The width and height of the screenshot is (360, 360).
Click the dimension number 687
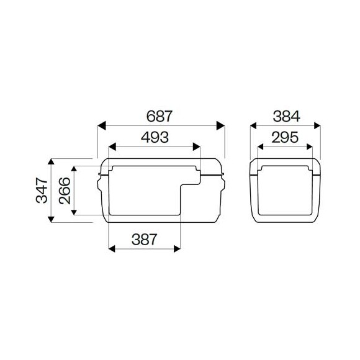[160, 116]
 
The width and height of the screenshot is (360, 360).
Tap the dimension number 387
[144, 238]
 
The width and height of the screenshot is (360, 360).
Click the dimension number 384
[286, 116]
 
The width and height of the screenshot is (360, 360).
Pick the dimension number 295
[286, 138]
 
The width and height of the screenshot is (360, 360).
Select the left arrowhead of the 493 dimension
[112, 148]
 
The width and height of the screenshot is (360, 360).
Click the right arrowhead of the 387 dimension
[177, 248]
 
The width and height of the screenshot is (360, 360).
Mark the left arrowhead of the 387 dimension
[112, 248]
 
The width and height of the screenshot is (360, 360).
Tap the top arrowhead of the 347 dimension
[52, 161]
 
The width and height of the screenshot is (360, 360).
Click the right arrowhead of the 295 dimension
[310, 148]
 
